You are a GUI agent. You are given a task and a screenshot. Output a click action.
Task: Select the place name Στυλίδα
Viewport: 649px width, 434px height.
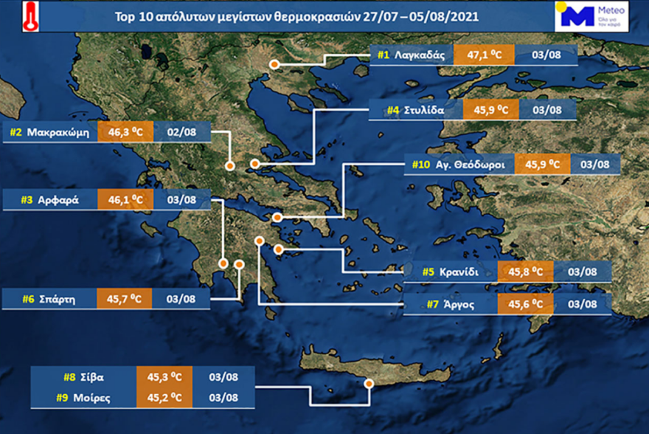[424, 111]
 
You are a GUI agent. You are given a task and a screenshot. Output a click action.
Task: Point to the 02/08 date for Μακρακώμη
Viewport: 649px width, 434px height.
[182, 134]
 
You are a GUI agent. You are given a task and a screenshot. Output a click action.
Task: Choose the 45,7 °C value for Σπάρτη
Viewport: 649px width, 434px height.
[124, 299]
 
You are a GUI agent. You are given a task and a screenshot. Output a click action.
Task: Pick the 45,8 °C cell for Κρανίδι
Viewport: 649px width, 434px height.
[525, 272]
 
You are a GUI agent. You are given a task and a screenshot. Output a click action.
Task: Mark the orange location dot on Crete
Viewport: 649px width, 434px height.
[369, 384]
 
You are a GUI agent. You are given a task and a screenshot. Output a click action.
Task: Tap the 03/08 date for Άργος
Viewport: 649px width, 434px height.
[580, 304]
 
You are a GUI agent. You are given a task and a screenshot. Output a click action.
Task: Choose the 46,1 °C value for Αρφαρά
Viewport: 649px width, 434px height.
[125, 199]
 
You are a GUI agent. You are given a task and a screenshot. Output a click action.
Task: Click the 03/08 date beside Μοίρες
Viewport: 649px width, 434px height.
[223, 397]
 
